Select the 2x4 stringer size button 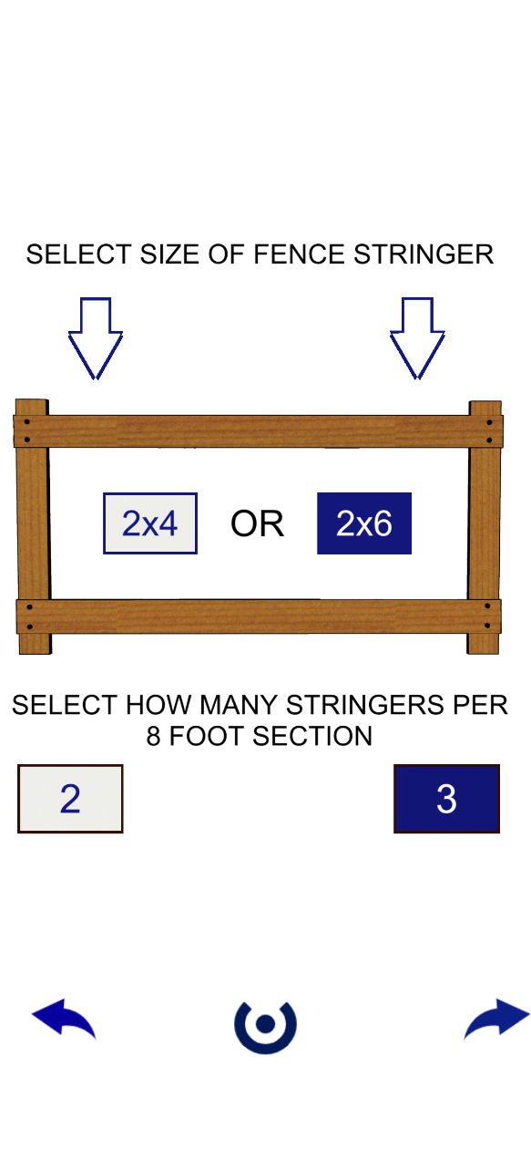pos(150,523)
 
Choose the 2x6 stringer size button pos(364,523)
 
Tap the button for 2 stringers pos(70,799)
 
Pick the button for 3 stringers pos(446,799)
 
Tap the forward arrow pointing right pos(496,1018)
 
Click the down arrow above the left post pos(96,338)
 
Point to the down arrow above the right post pos(417,338)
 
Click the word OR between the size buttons pos(257,523)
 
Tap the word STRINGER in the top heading pos(424,254)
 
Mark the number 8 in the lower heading pos(153,736)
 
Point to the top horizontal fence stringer pos(258,431)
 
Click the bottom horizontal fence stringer pos(259,616)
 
